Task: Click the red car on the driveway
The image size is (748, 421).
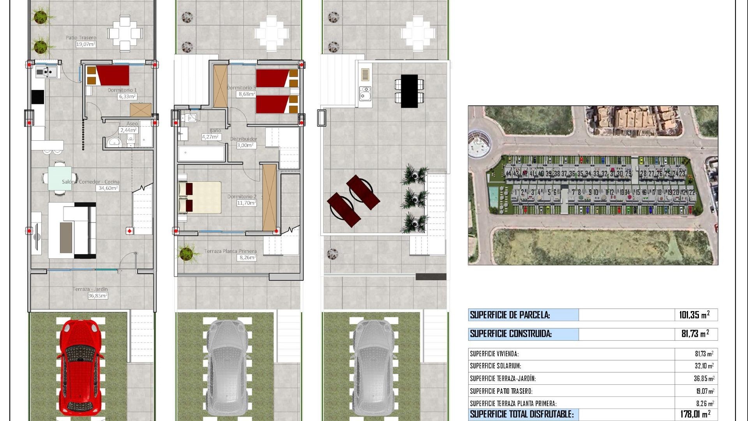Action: pos(80,368)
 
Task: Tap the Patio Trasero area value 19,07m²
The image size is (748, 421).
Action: pos(86,44)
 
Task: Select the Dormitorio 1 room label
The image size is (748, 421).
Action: pos(122,90)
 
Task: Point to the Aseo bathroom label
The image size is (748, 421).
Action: pos(132,124)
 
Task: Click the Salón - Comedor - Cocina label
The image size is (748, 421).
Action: pos(90,182)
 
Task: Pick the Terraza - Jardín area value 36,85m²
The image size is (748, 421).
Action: pos(97,296)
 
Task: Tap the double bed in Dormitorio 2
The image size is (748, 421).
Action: pos(199,197)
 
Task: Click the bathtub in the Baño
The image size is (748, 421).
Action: pos(201,154)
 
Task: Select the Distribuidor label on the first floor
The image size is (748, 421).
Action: pos(243,139)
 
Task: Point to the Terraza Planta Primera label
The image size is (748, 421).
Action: pos(230,251)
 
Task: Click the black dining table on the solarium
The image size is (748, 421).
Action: pos(409,91)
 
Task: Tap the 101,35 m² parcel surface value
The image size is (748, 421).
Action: pos(694,315)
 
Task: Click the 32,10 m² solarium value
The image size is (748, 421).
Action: pos(704,366)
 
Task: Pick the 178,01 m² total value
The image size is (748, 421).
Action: pos(695,414)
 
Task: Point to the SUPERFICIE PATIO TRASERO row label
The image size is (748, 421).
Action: pos(501,391)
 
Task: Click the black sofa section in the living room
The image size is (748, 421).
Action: pos(90,230)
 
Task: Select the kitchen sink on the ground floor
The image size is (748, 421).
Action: pos(47,72)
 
